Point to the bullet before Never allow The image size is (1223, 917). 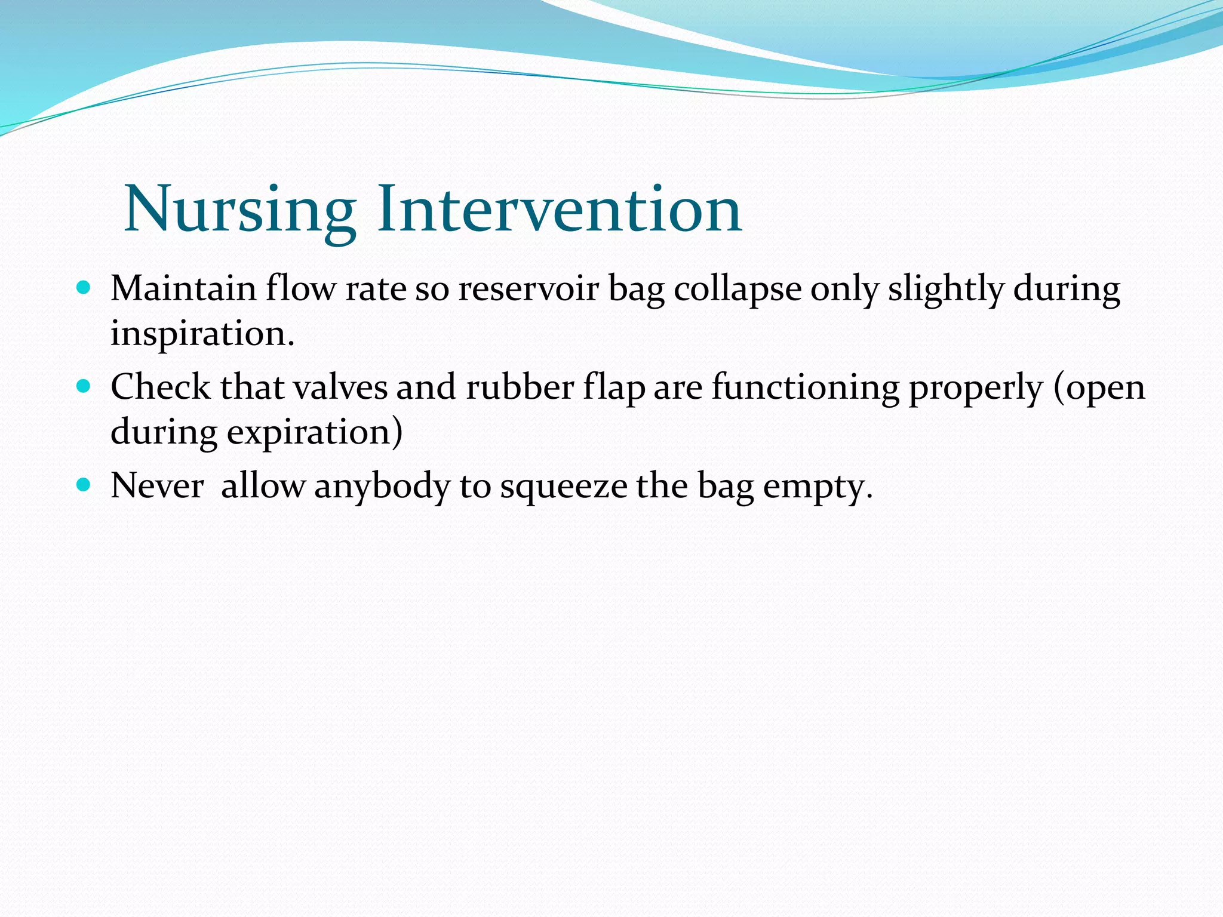tap(84, 485)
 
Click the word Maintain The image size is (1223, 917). tap(183, 289)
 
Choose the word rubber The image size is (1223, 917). tap(520, 387)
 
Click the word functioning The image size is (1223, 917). tap(805, 387)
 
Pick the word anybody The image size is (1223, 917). tap(382, 487)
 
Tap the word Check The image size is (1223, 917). tap(160, 387)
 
